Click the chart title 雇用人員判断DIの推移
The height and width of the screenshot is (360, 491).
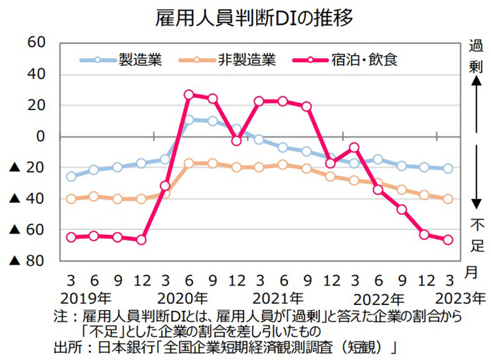[x=245, y=18]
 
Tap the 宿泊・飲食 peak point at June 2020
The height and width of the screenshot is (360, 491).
[x=189, y=95]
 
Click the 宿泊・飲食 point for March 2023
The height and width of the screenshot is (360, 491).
[x=448, y=240]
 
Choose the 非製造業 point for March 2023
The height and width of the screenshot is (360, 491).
[x=448, y=199]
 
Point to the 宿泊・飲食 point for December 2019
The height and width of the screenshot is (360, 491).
[x=141, y=240]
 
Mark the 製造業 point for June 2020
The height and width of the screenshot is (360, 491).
[x=189, y=120]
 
